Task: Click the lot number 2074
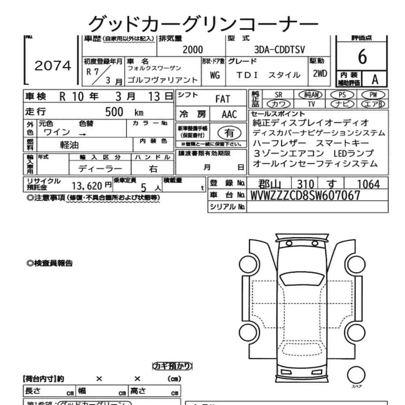click(53, 66)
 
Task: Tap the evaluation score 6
click(362, 58)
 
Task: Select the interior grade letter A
click(375, 79)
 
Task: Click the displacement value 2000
click(192, 50)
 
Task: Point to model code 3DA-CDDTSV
click(279, 50)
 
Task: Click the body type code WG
click(215, 75)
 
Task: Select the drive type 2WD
click(320, 74)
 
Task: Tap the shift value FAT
click(222, 99)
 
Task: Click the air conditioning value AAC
click(229, 114)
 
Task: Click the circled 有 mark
click(229, 133)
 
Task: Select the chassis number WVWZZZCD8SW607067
click(305, 196)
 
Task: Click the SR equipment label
click(278, 95)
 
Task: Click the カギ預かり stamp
click(172, 367)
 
